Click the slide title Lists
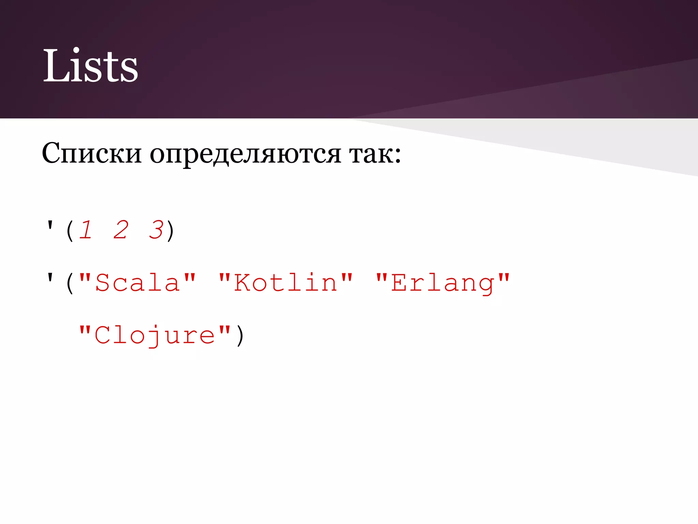point(90,65)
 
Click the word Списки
point(91,153)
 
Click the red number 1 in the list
point(86,230)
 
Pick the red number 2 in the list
point(121,230)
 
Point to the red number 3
point(156,230)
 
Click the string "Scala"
point(138,282)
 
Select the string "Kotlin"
point(286,282)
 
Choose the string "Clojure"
point(155,335)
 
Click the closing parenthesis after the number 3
point(170,231)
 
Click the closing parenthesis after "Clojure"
point(240,336)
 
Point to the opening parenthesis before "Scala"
point(70,283)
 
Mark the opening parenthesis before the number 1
point(70,231)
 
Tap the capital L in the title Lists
point(55,65)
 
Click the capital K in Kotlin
point(242,282)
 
